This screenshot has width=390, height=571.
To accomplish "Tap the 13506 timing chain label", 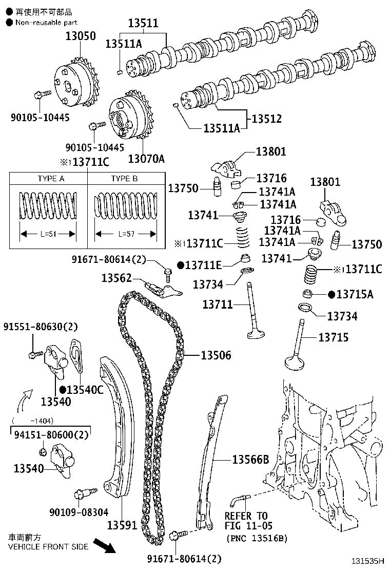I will coord(216,355).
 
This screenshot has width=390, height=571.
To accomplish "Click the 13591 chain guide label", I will coord(122,525).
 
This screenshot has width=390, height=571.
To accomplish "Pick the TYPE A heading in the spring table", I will coord(51,179).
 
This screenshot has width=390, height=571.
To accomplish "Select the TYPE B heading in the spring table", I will coord(125,179).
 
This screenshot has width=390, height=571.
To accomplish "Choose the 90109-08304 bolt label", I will coord(79,512).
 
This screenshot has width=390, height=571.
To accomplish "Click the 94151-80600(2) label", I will coord(51,435).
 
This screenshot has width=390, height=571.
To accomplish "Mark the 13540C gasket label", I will coord(85,390).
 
